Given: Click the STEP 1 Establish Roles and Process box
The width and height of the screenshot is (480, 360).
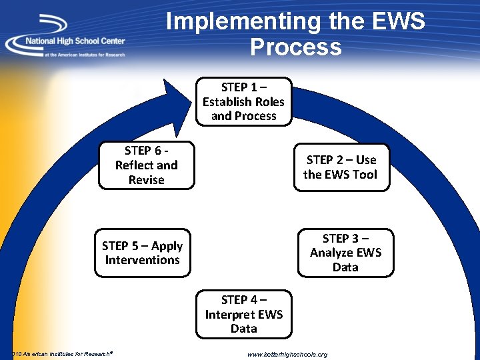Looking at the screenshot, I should tap(243, 101).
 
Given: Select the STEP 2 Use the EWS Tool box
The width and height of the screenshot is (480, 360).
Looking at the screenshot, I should tap(340, 167).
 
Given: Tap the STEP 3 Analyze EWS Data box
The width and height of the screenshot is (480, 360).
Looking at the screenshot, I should tap(345, 253).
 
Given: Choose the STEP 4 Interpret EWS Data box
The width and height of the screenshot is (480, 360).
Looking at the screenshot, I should tap(243, 314).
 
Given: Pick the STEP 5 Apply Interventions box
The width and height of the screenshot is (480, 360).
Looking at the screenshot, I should tap(142, 253).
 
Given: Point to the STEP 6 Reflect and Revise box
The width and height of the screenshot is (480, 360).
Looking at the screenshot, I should tap(146, 165).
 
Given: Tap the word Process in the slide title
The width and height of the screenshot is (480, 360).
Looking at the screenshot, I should tap(295, 47).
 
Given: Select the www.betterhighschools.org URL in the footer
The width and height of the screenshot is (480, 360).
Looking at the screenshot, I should tap(287, 355).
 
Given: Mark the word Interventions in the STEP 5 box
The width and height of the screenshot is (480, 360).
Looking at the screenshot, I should tap(142, 260).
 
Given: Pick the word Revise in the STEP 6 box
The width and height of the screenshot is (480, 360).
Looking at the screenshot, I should tap(146, 180).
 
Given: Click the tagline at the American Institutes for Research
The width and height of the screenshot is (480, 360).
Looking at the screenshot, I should tap(84, 55).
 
